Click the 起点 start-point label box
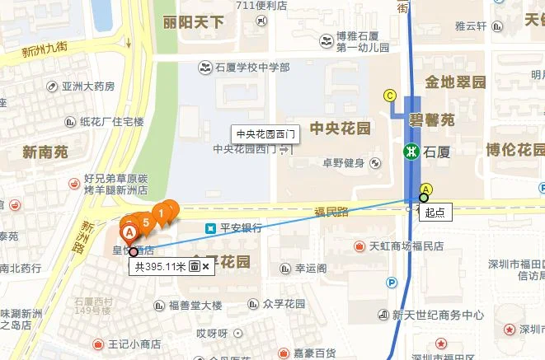click(435, 212)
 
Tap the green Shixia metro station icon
click(411, 152)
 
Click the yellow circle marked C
click(390, 96)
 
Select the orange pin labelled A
click(129, 233)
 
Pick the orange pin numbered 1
click(161, 213)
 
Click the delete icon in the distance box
click(194, 266)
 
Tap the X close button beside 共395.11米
click(206, 266)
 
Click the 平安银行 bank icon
click(211, 227)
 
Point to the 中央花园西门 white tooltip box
click(264, 134)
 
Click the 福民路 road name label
click(331, 212)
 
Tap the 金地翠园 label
click(455, 82)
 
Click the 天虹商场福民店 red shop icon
click(359, 245)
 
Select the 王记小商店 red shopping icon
click(99, 343)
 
